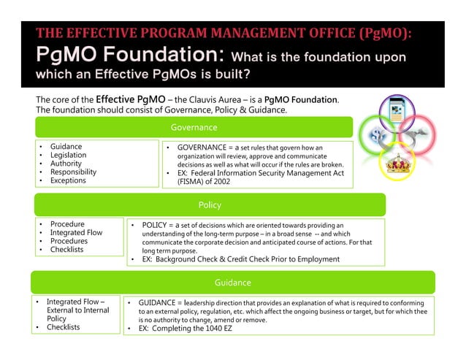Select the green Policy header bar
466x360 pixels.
pyautogui.click(x=210, y=205)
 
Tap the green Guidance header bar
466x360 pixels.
pyautogui.click(x=232, y=283)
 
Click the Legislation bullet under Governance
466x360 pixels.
pyautogui.click(x=68, y=156)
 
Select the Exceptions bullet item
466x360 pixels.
pyautogui.click(x=68, y=180)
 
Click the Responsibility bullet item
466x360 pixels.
pyautogui.click(x=73, y=172)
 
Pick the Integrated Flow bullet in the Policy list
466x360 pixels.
pyautogui.click(x=76, y=233)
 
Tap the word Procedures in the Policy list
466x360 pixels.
pyautogui.click(x=69, y=241)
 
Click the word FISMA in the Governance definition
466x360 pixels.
pyautogui.click(x=191, y=182)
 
